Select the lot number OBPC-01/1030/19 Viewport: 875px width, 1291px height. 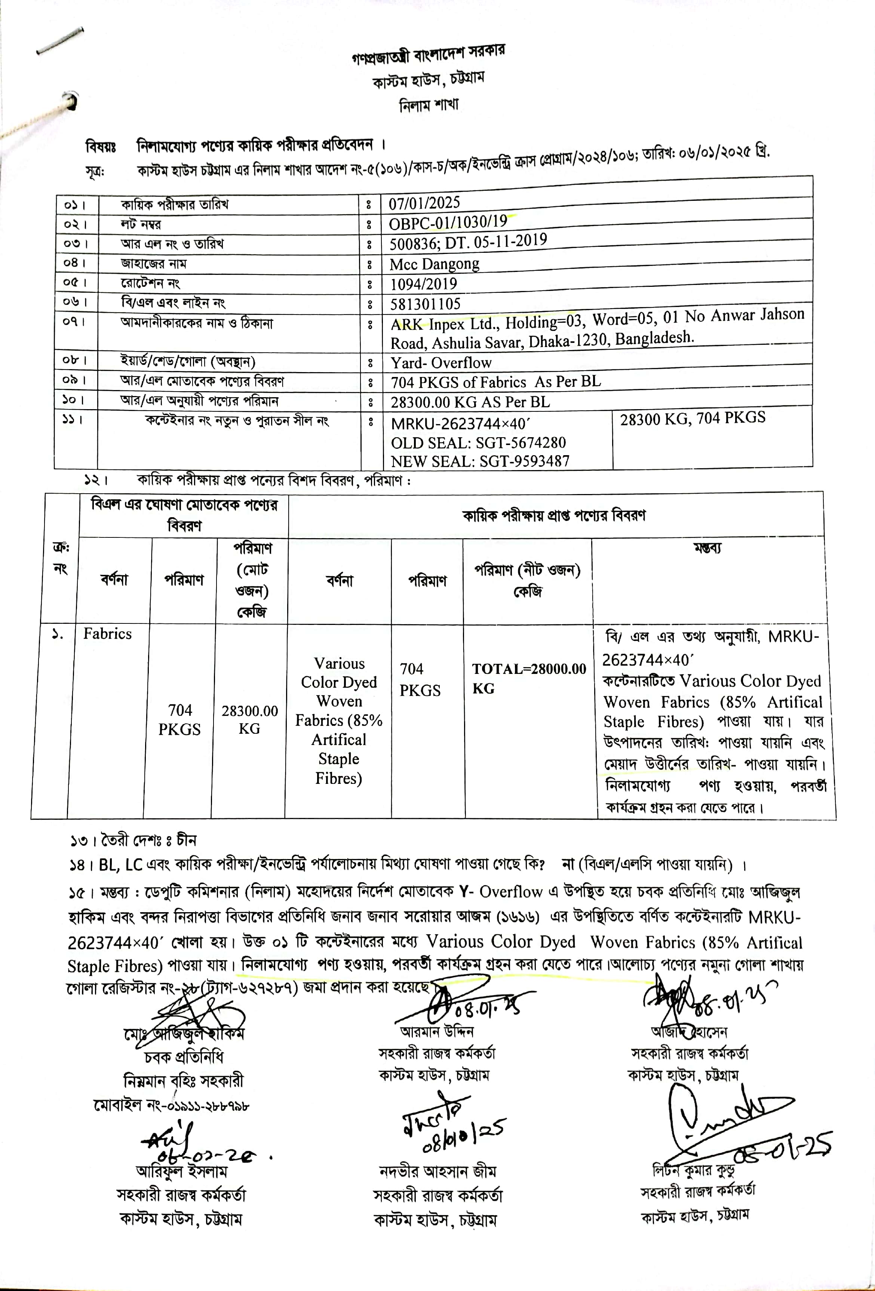448,223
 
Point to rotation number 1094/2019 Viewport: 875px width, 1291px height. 423,284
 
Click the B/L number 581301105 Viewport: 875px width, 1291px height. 425,304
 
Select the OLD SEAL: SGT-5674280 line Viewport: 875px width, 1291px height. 478,443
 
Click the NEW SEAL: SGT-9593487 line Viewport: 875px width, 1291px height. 480,461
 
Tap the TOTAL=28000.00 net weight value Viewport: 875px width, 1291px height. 528,669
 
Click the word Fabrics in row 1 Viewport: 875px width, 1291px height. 107,634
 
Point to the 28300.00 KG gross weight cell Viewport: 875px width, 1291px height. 249,720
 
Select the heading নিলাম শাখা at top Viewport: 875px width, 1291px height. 429,104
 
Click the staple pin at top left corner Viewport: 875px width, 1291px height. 60,42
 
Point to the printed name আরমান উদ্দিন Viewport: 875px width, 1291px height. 437,1031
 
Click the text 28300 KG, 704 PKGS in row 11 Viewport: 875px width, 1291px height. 692,418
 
